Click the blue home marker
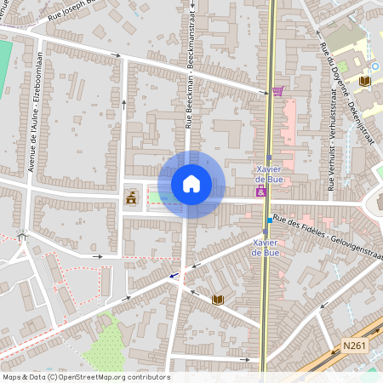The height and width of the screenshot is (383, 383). [191, 184]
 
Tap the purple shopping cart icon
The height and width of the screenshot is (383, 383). [277, 91]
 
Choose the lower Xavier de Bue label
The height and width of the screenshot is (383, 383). [266, 247]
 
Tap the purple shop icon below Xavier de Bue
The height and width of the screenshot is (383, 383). [260, 192]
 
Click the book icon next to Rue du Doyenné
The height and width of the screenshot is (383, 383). [365, 81]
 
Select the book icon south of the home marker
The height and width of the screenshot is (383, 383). [218, 300]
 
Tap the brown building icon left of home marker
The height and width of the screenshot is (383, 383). [131, 198]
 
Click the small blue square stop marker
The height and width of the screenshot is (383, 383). [270, 220]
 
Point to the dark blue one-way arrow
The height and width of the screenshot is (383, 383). [174, 275]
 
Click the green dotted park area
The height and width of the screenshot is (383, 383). [106, 345]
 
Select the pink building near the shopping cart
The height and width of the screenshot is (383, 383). [288, 119]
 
